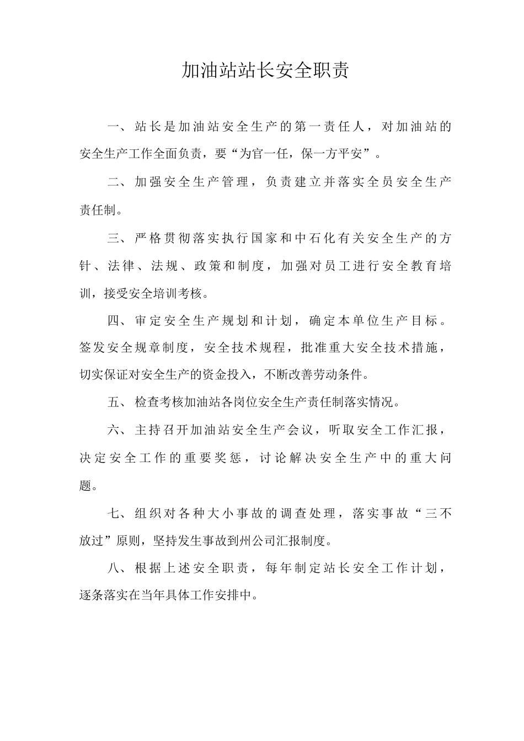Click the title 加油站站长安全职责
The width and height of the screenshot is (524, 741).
[x=265, y=71]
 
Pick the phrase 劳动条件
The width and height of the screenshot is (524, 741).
[x=343, y=375]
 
